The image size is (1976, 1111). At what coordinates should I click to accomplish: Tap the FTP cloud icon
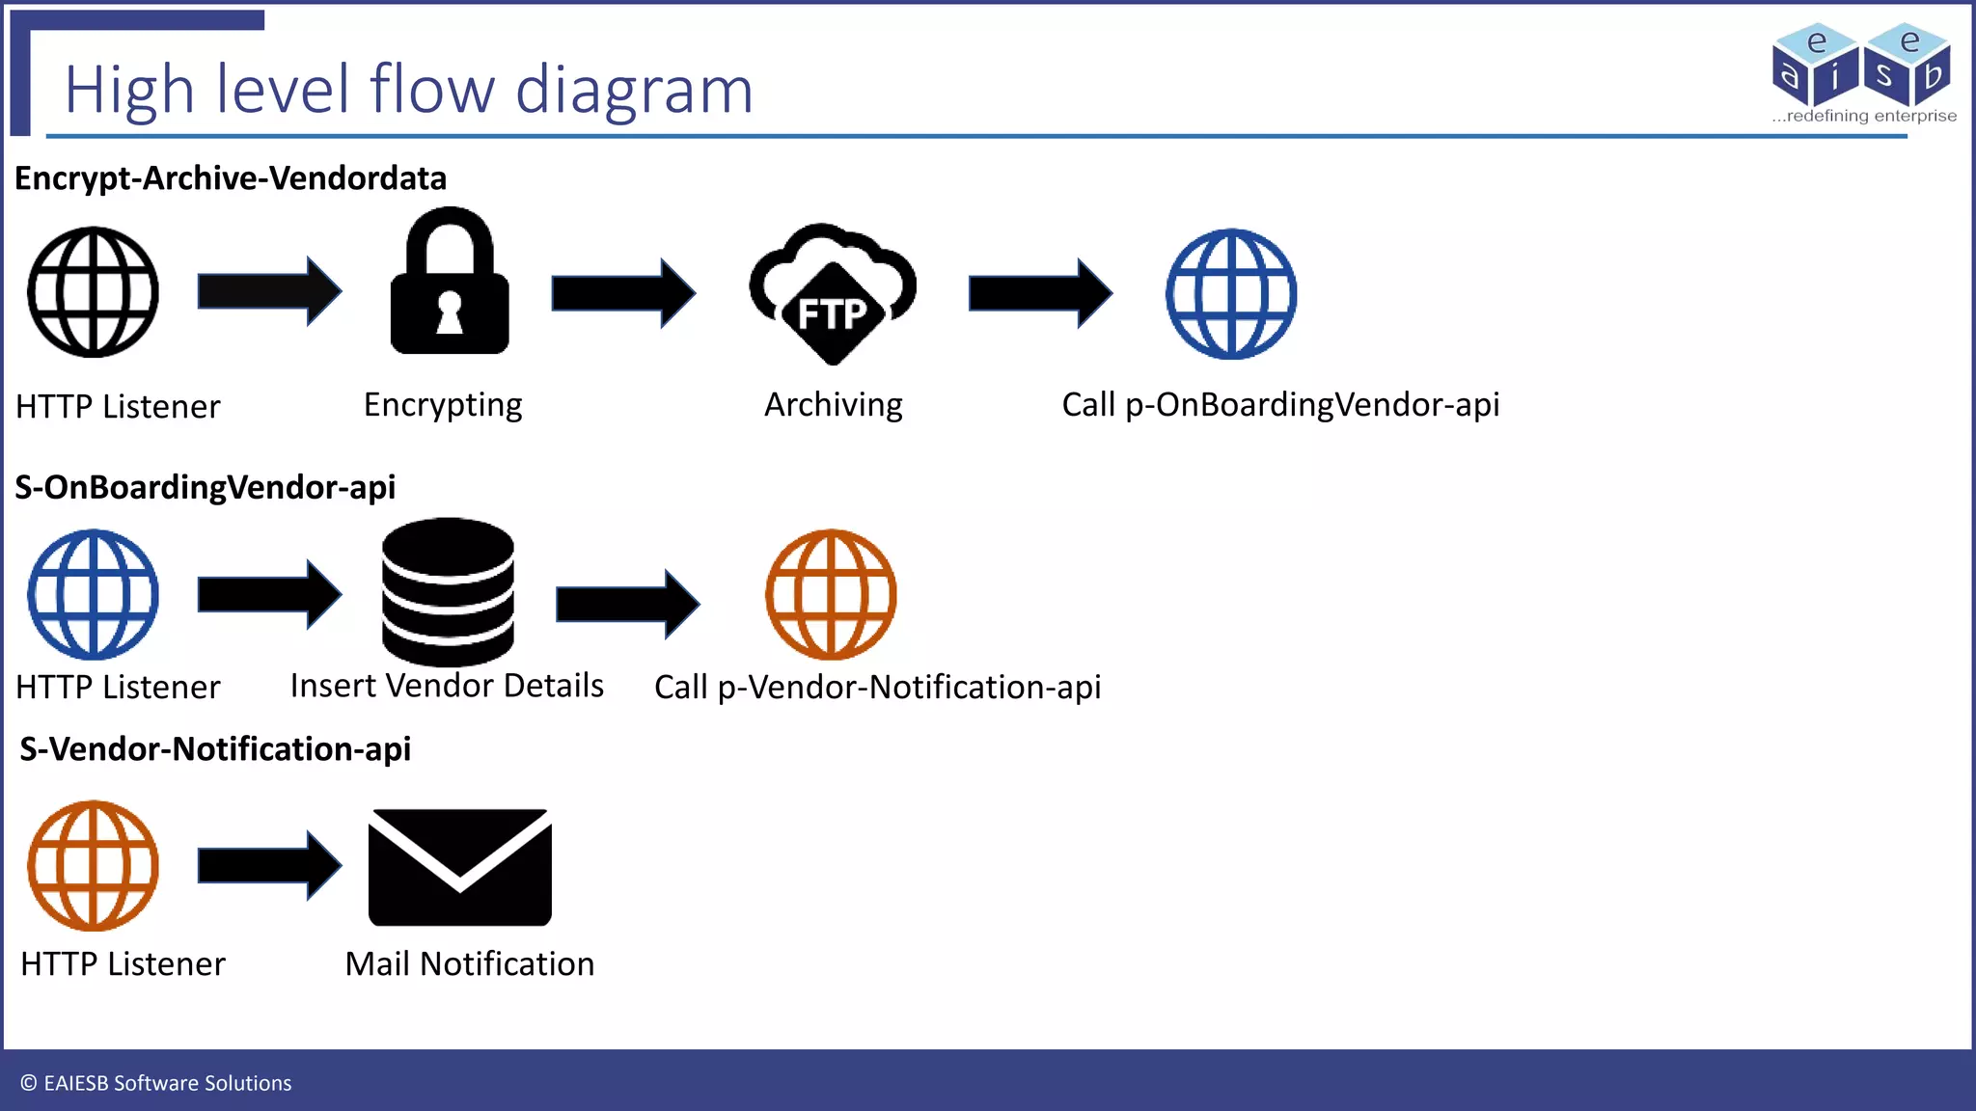click(833, 294)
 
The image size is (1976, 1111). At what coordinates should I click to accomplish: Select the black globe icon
click(93, 292)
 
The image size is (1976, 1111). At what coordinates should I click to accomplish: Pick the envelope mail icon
click(460, 867)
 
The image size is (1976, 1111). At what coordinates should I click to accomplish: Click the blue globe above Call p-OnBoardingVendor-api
click(1231, 294)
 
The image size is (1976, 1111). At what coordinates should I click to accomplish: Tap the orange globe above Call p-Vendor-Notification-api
click(831, 594)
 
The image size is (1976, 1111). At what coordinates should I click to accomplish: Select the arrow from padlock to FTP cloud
click(622, 292)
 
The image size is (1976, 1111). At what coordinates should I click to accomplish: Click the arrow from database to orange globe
click(627, 604)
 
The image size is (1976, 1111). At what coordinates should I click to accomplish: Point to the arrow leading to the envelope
click(268, 865)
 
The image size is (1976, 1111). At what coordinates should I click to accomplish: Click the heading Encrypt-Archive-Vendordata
click(231, 178)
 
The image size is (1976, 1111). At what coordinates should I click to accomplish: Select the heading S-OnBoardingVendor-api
click(205, 487)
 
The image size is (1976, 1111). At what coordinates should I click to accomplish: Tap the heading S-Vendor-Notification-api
click(215, 749)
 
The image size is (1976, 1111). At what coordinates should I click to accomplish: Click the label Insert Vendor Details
click(447, 686)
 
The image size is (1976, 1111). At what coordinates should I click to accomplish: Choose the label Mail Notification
click(470, 963)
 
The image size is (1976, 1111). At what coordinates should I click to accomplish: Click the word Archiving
click(833, 405)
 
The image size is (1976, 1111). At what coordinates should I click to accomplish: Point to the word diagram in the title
click(633, 91)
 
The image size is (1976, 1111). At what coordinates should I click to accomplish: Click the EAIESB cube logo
click(1862, 66)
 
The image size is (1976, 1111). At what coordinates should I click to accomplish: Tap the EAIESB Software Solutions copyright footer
click(156, 1083)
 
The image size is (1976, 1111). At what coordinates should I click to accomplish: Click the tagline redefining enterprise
click(1869, 116)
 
